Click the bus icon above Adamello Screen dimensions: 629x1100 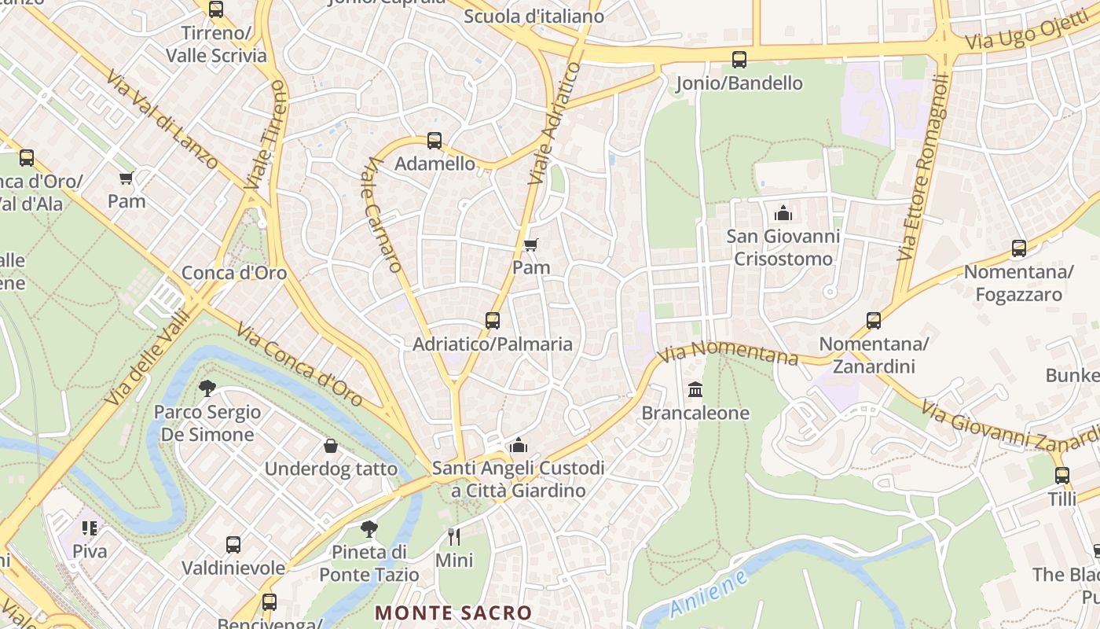coord(434,141)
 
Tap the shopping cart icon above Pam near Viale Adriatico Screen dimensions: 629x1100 coord(530,245)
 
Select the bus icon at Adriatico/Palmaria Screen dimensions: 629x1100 coord(493,321)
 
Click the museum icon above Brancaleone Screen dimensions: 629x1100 coord(695,390)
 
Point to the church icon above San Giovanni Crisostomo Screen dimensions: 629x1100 coord(783,213)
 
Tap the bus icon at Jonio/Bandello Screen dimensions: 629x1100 coord(739,60)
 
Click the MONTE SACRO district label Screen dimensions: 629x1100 coord(453,612)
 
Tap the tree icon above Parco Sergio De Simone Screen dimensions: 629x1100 coord(207,388)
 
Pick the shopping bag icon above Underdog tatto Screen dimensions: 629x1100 coord(331,447)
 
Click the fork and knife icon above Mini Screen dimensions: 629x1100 coord(453,537)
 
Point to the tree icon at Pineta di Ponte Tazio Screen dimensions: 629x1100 coord(368,528)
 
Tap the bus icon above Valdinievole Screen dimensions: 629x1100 coord(233,545)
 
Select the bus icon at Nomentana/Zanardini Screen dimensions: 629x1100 coord(874,321)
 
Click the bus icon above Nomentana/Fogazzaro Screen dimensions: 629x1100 coord(1019,249)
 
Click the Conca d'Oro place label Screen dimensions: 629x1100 coord(234,273)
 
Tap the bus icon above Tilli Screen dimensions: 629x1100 coord(1062,476)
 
